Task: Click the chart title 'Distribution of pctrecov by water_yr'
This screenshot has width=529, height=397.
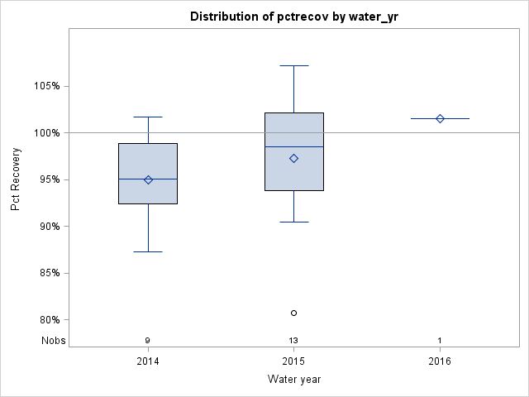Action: [293, 17]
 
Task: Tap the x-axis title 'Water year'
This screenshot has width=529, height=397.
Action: [293, 379]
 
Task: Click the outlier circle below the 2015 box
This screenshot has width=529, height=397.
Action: [293, 313]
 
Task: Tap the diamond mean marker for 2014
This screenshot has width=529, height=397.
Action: [148, 179]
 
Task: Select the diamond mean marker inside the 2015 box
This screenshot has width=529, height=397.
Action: [293, 158]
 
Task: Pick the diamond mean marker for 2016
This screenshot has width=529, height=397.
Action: [440, 118]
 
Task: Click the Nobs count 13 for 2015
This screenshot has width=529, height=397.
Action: [293, 341]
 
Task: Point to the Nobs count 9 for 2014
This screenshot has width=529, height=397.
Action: [148, 341]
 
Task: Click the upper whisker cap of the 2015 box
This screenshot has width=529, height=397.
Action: [293, 65]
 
